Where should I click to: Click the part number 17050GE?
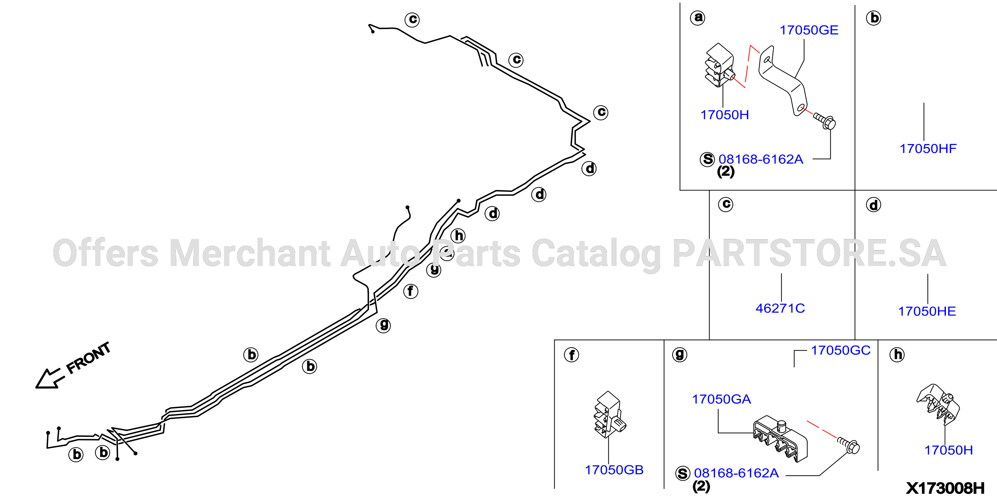point(809,30)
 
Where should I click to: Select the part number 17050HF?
point(928,149)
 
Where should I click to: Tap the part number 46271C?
point(780,308)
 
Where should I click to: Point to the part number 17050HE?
point(927,312)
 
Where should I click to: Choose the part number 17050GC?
point(841,350)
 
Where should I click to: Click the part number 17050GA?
point(722,399)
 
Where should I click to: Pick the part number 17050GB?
point(614,470)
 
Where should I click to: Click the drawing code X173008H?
point(945,488)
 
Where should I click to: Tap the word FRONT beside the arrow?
point(88,358)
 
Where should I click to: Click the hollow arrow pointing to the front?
point(48,378)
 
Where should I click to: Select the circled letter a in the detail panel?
point(698,17)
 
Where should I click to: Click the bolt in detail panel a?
point(824,121)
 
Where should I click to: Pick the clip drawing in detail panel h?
point(938,403)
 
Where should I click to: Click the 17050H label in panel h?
point(949,450)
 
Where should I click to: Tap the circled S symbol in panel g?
point(683,474)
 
